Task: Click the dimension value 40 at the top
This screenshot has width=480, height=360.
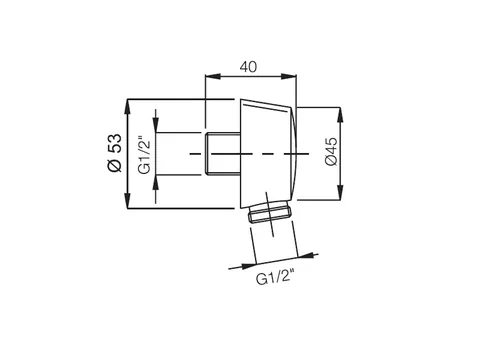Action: pyautogui.click(x=248, y=67)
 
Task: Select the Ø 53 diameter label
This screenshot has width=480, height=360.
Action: pyautogui.click(x=115, y=153)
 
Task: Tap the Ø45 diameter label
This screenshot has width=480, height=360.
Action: pyautogui.click(x=331, y=151)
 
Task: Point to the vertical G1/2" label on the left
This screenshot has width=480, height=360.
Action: pyautogui.click(x=145, y=154)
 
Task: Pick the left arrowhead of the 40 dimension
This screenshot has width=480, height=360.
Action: pyautogui.click(x=213, y=77)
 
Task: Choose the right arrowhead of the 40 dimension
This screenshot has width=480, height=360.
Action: pyautogui.click(x=289, y=77)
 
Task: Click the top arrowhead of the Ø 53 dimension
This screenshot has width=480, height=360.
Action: pyautogui.click(x=127, y=107)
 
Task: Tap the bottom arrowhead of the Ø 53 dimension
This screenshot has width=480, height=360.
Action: pyautogui.click(x=127, y=201)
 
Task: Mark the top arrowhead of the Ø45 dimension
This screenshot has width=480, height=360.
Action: pyautogui.click(x=340, y=115)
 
